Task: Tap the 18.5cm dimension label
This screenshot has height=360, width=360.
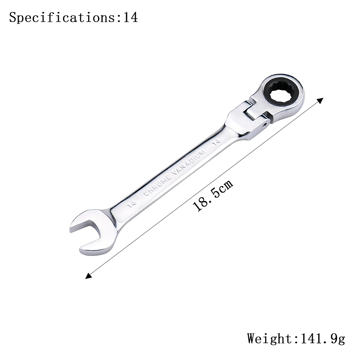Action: [x=213, y=195]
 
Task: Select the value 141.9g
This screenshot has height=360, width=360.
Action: [x=322, y=339]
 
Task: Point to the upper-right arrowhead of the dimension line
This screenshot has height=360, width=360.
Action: [x=320, y=100]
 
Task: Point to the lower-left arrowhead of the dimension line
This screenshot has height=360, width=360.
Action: [x=88, y=276]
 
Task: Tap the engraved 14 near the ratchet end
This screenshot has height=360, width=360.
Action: [x=216, y=142]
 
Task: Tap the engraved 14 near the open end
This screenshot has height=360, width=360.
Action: [x=131, y=204]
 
